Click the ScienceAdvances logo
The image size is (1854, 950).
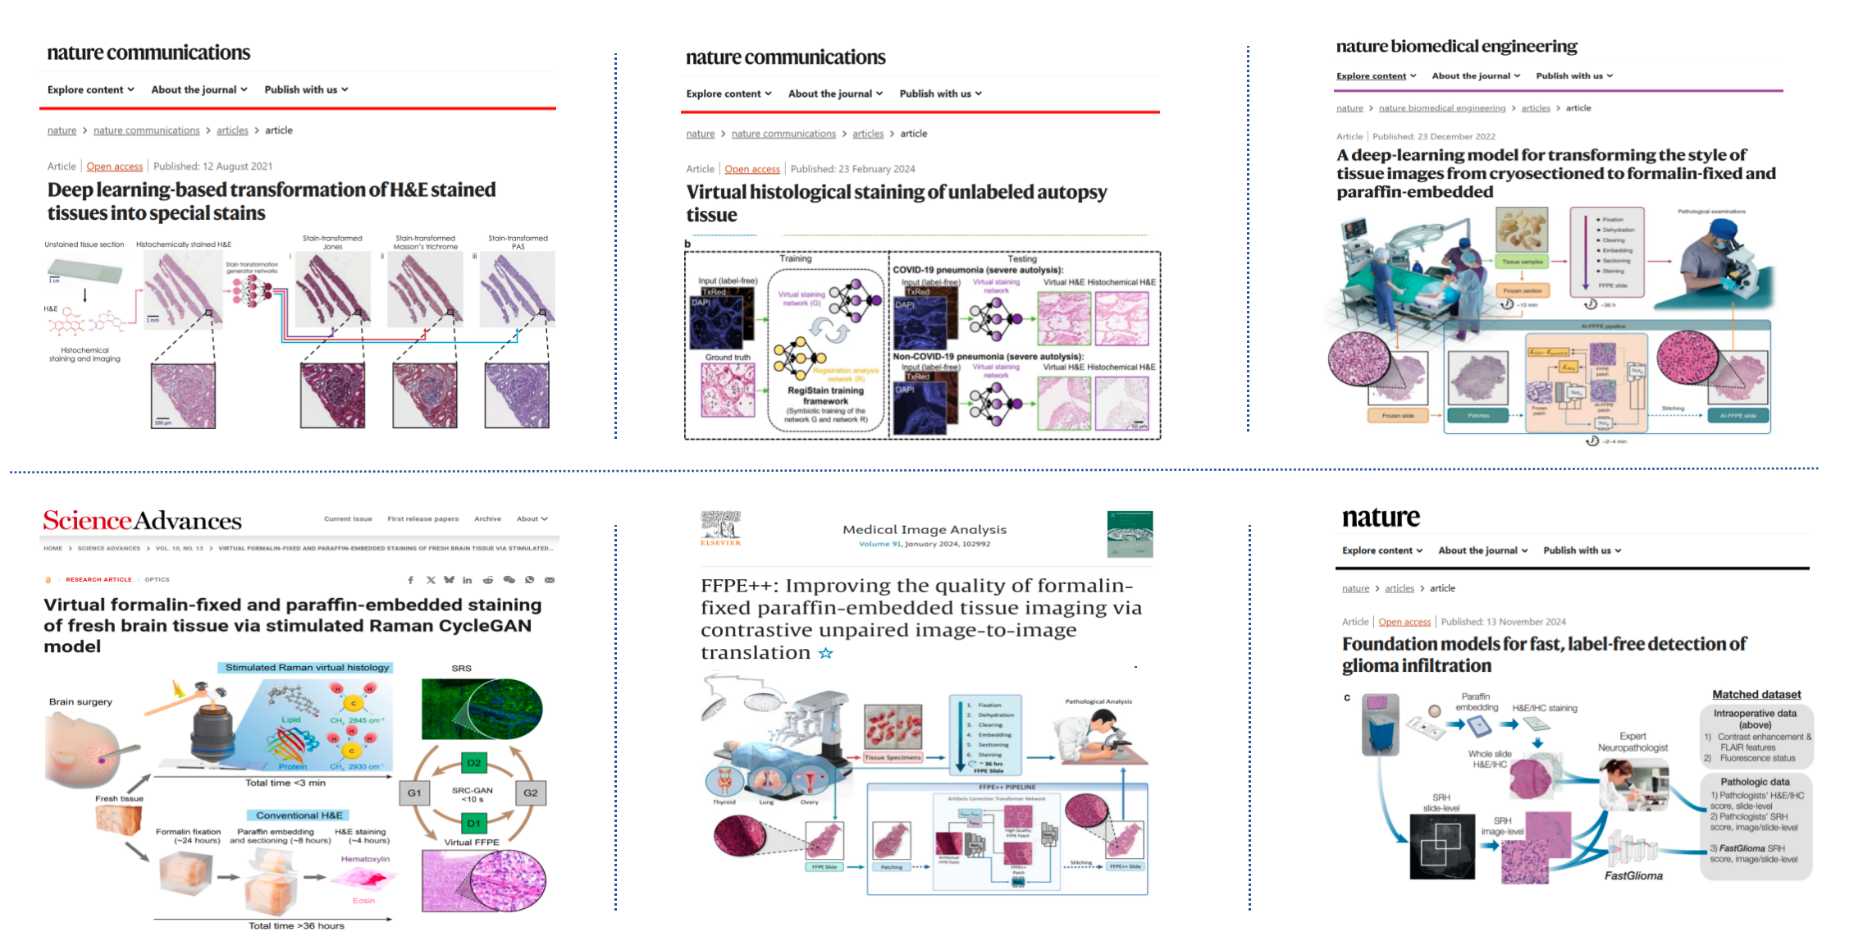142,520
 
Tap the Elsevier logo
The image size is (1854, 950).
720,528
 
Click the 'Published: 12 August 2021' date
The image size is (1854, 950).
212,167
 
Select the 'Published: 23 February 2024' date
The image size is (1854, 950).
852,169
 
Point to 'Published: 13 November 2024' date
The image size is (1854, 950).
1503,622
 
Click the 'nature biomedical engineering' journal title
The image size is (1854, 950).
1456,47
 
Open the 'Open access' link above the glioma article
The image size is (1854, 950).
1404,622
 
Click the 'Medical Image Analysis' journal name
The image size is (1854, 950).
924,530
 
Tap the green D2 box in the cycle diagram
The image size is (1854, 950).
473,763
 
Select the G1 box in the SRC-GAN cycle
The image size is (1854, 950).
414,792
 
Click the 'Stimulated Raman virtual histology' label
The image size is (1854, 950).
307,668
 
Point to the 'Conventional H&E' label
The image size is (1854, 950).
299,815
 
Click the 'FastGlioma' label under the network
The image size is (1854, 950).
1633,876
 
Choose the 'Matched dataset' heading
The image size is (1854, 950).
1756,695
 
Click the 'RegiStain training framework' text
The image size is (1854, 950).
825,395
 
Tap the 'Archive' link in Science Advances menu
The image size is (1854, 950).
487,518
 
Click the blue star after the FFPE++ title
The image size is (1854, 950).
825,653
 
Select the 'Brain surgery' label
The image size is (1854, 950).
80,702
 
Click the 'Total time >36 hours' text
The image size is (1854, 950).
296,926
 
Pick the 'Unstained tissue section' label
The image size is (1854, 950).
84,244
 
